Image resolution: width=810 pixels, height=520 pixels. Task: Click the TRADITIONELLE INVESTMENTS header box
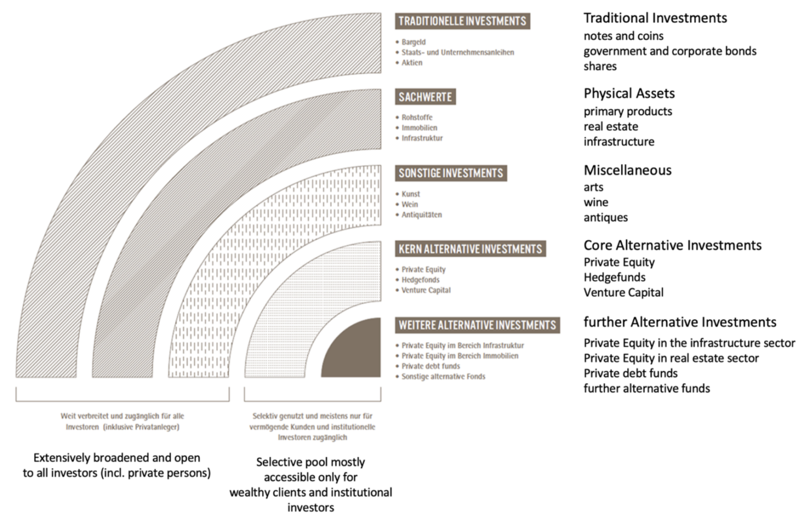462,21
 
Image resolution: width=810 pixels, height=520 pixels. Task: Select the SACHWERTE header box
425,97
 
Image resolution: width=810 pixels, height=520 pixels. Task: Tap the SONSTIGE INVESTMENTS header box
450,173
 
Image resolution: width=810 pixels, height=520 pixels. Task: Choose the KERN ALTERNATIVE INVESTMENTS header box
470,249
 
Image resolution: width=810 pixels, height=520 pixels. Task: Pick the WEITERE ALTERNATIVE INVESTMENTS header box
477,325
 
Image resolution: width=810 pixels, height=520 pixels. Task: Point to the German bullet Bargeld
413,42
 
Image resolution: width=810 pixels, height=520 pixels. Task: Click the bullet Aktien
412,62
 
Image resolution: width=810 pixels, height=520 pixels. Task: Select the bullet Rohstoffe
417,117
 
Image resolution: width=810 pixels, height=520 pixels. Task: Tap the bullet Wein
410,204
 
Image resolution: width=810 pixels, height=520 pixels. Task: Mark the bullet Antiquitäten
421,215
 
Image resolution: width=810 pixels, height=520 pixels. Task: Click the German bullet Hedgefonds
420,280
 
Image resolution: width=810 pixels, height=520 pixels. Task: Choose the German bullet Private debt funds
430,366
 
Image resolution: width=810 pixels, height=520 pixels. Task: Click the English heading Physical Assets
629,93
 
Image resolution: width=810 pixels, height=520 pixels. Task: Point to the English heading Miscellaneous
627,170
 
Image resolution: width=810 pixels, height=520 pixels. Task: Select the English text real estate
610,127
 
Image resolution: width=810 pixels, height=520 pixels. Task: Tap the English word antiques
605,218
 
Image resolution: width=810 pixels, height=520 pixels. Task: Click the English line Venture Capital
623,292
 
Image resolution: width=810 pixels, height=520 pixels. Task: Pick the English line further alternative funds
646,389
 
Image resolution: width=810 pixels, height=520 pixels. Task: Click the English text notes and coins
623,36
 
